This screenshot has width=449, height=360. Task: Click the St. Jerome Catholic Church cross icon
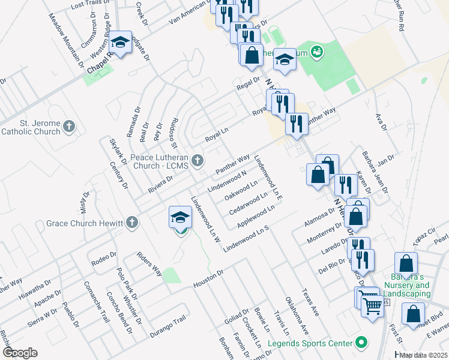point(69,127)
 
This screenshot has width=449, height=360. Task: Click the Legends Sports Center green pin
point(360,343)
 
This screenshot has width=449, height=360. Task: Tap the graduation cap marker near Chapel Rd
point(120,43)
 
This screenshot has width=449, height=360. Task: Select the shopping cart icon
point(373,305)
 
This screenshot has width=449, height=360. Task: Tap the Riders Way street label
point(149,263)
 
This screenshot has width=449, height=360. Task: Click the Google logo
point(20,353)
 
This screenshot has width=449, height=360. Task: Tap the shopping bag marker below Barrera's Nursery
point(413,314)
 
